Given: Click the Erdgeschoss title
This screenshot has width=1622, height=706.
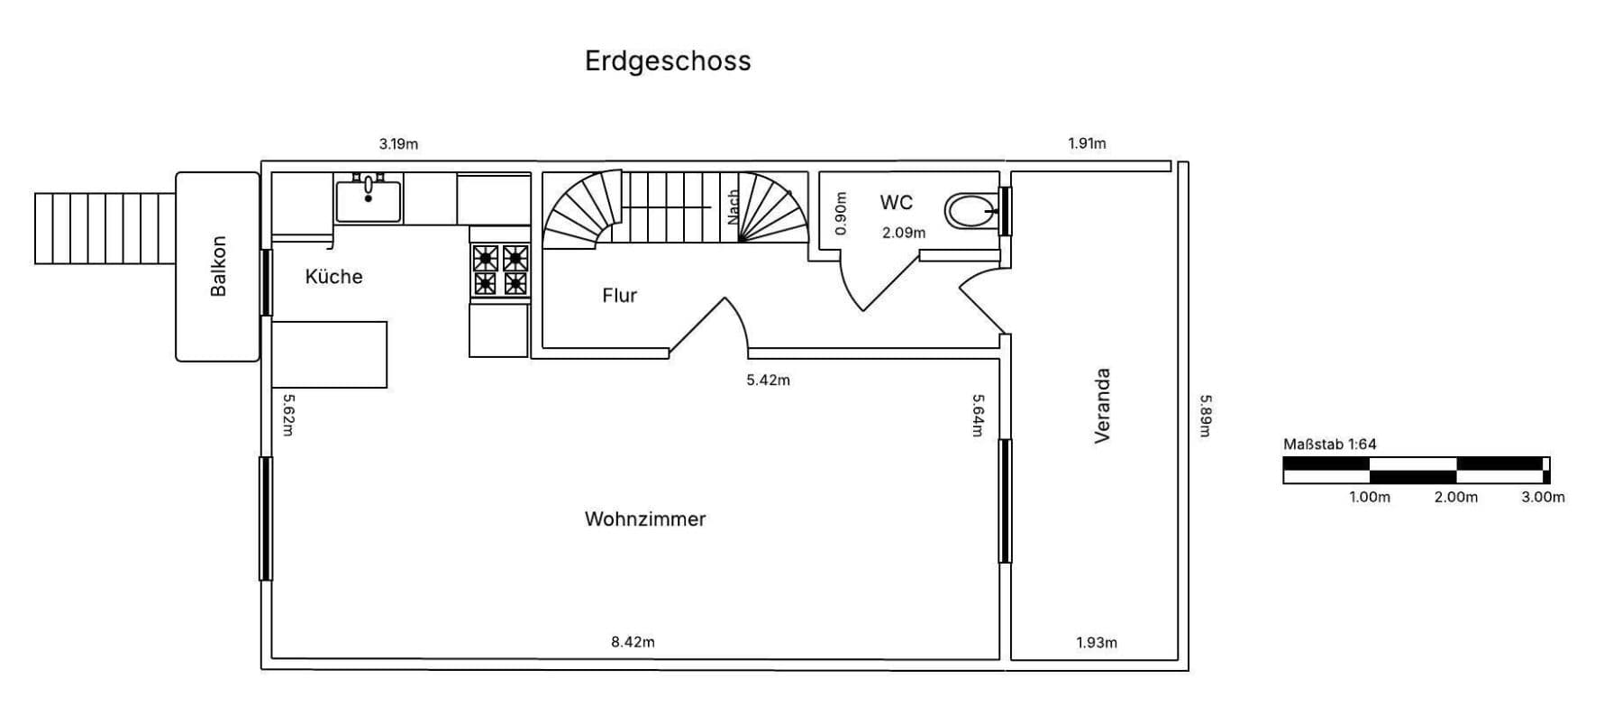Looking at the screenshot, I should coord(668,61).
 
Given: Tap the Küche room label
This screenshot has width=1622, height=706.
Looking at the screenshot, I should coord(333,277).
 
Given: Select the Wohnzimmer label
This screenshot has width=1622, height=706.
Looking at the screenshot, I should coord(645,519).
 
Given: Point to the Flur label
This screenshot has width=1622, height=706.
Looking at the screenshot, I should coord(619,296).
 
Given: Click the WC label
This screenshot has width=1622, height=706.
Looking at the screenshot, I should coord(896,203).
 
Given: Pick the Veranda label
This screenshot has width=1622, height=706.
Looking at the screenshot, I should coord(1101,406).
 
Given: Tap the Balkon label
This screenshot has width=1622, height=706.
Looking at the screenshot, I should coord(218,266).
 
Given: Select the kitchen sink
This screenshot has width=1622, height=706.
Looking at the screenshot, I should coord(369,200).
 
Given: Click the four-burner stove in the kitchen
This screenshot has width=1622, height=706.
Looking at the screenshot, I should coord(500,270).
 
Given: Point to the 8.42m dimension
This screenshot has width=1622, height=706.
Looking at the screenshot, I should coord(633,642).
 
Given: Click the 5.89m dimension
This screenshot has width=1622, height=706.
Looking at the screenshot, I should coord(1206,416).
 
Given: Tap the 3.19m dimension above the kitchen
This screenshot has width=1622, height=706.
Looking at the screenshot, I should coord(398,144).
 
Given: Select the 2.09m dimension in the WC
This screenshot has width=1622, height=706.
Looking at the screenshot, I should coord(904,233).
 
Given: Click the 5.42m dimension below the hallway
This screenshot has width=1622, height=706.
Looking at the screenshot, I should coord(768,381).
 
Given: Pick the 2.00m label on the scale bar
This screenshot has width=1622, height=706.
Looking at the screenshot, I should coord(1456,497).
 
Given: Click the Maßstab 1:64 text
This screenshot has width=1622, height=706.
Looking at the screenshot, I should coord(1329,445).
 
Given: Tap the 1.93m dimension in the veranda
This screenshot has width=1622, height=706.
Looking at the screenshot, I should coord(1097,643).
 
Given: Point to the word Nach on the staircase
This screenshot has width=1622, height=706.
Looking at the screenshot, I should coord(734,206).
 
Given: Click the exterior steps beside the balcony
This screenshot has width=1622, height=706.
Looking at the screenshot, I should coord(105,228).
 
